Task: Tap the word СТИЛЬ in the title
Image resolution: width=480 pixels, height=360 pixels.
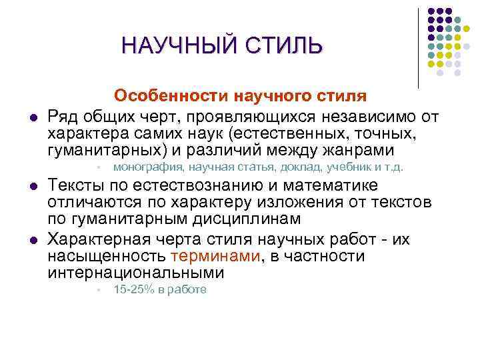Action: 284,47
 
